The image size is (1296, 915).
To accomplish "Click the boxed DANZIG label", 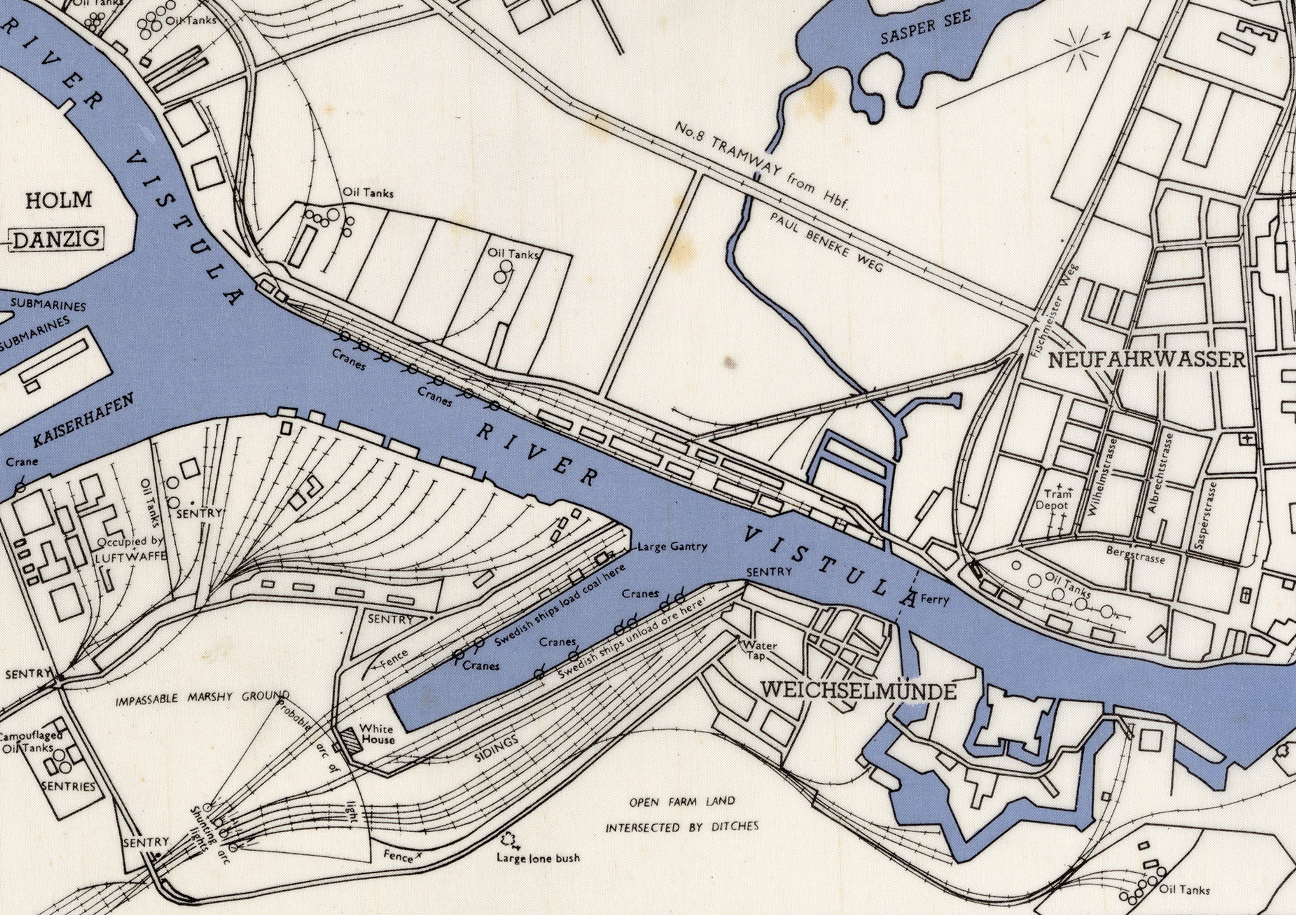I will click(x=56, y=240).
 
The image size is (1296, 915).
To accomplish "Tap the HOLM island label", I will click(x=59, y=200).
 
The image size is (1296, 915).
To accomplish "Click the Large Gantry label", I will click(x=672, y=546).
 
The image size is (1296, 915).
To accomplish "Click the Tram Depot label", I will click(x=1052, y=500).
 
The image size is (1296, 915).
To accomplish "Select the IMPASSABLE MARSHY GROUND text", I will click(x=202, y=699).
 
